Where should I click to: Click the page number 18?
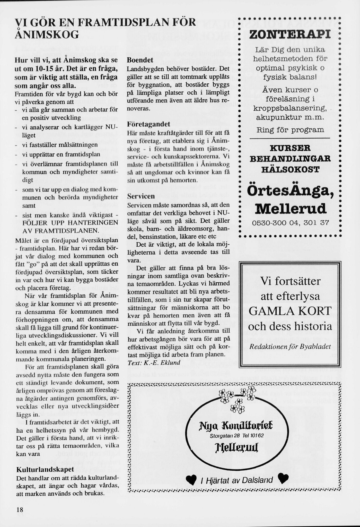pyautogui.click(x=20, y=509)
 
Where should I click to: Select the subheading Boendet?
pyautogui.click(x=140, y=60)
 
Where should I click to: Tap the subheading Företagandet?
pyautogui.click(x=149, y=124)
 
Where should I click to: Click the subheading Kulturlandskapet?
pyautogui.click(x=45, y=469)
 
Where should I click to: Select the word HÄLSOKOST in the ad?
pyautogui.click(x=290, y=169)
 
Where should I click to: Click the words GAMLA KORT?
pyautogui.click(x=290, y=311)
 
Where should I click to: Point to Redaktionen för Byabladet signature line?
pyautogui.click(x=290, y=347)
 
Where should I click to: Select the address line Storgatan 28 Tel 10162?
pyautogui.click(x=237, y=436)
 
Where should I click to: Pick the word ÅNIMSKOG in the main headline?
pyautogui.click(x=47, y=35)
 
